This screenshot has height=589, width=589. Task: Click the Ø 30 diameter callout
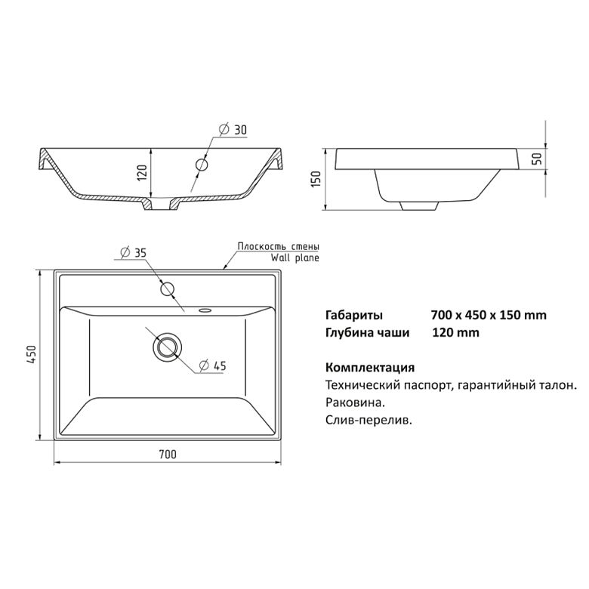(x=233, y=130)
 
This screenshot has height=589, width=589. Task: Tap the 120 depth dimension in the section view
(x=143, y=172)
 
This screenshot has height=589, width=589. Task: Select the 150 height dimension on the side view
(x=316, y=179)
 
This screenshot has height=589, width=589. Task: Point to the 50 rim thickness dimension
(x=538, y=159)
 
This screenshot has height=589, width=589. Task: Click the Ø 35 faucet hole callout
(x=133, y=252)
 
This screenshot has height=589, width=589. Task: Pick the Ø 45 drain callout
(x=213, y=365)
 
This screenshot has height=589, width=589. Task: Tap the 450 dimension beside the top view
(x=31, y=354)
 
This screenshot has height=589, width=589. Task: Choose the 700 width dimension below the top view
(x=168, y=455)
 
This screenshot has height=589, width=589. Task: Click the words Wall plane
(x=294, y=257)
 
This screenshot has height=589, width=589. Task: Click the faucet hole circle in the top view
(x=168, y=289)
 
